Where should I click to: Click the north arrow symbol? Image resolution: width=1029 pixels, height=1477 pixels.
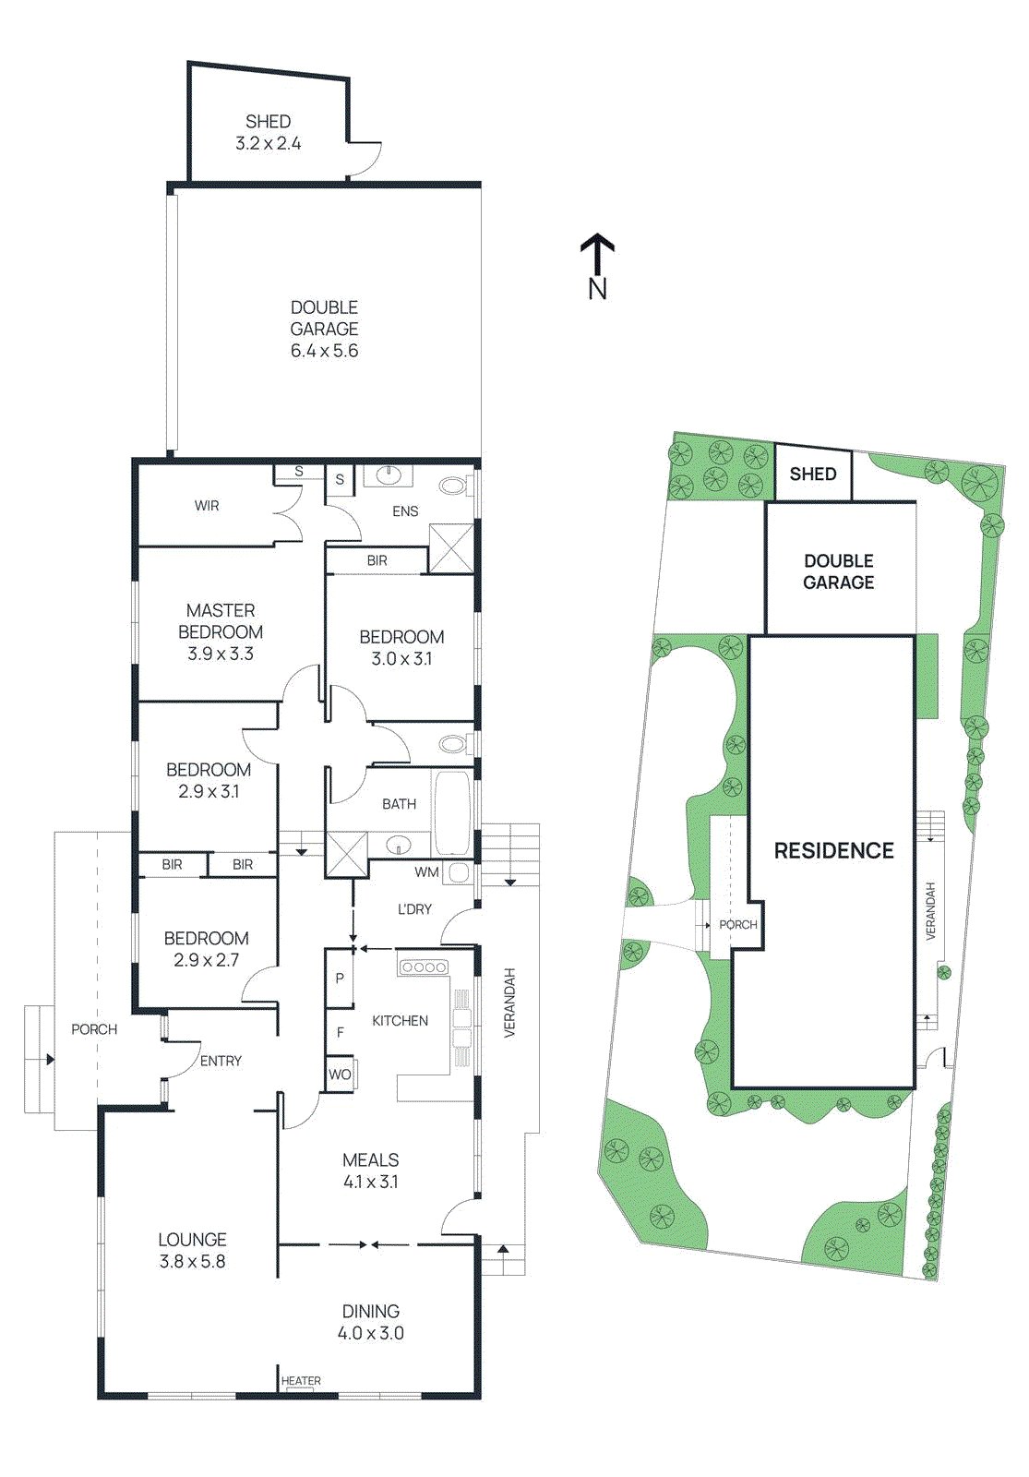[597, 255]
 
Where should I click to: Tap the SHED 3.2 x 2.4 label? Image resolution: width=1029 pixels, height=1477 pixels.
[268, 132]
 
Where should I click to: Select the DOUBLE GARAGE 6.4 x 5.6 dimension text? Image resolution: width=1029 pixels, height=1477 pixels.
[324, 351]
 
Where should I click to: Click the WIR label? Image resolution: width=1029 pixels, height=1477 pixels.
[207, 506]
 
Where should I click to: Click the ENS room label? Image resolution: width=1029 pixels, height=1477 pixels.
[405, 511]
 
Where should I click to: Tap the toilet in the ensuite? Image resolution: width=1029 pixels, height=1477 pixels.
[453, 486]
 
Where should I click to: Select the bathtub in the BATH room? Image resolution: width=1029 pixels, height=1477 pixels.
[452, 813]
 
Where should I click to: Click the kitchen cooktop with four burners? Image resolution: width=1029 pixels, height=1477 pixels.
[424, 967]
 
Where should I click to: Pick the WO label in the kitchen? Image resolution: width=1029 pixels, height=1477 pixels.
[340, 1075]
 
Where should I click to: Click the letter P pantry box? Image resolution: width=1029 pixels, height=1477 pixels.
[340, 978]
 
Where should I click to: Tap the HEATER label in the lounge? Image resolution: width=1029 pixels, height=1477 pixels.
[301, 1381]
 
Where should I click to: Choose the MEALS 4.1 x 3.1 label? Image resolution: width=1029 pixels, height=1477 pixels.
[371, 1171]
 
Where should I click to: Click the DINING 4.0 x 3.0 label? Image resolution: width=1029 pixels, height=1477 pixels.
[370, 1322]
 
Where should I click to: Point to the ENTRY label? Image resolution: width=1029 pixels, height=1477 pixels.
[221, 1062]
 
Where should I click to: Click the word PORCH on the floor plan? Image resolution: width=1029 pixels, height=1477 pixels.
[94, 1029]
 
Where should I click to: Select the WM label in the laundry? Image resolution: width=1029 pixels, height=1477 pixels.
[426, 872]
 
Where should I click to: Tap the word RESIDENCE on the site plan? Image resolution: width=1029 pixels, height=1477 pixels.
[833, 851]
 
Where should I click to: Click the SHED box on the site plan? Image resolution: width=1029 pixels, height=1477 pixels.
[813, 474]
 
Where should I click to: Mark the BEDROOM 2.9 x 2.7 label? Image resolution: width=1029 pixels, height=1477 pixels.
[207, 949]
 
